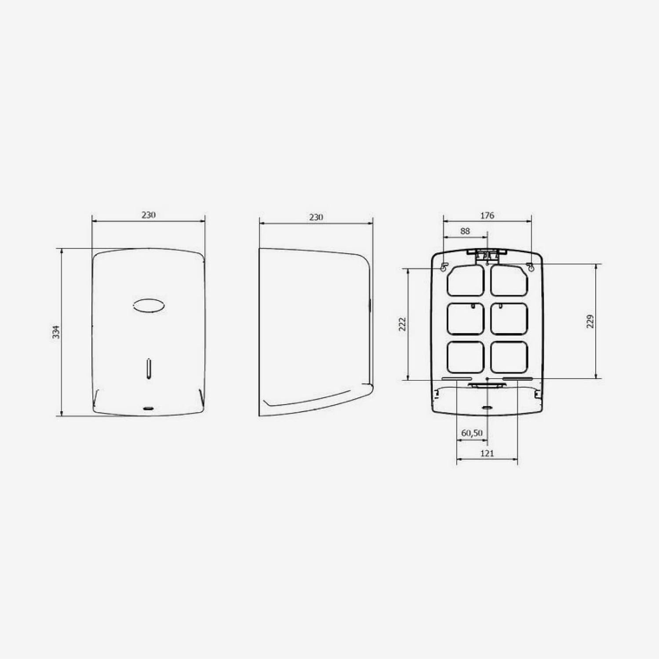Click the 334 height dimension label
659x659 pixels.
point(56,332)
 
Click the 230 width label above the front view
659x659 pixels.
point(149,215)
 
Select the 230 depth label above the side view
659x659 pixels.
point(316,217)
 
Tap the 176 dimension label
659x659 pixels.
point(487,215)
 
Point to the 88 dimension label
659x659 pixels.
point(465,231)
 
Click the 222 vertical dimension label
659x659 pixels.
point(402,324)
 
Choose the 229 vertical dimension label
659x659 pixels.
point(590,321)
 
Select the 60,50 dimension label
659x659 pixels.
point(472,433)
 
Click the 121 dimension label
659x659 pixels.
point(487,453)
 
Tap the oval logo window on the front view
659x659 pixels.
point(149,306)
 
